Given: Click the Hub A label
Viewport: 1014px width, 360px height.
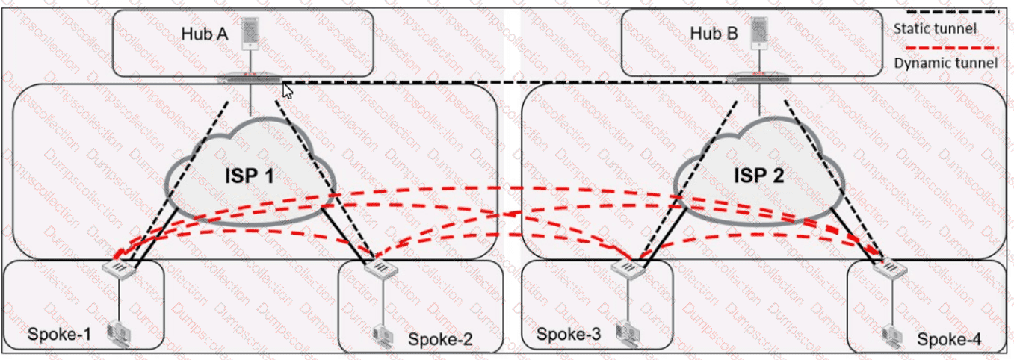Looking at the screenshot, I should coord(203,34).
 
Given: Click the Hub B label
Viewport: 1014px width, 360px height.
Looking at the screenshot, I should coord(713,34).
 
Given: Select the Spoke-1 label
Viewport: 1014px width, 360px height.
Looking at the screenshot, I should coord(59,333).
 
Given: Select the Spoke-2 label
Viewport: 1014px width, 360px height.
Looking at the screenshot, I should coord(440,340).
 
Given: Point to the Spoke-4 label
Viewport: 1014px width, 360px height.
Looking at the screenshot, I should coord(949,340).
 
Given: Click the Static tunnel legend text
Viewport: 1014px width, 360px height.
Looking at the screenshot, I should coord(934,29).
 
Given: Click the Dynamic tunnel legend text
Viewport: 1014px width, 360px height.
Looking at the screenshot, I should coord(945,63).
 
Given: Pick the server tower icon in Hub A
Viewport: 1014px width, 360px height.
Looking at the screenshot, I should coord(252,33).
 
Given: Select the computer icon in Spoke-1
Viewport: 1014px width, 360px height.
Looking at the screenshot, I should coord(118,332).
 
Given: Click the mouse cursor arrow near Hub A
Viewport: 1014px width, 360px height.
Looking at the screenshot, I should coord(288,91).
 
